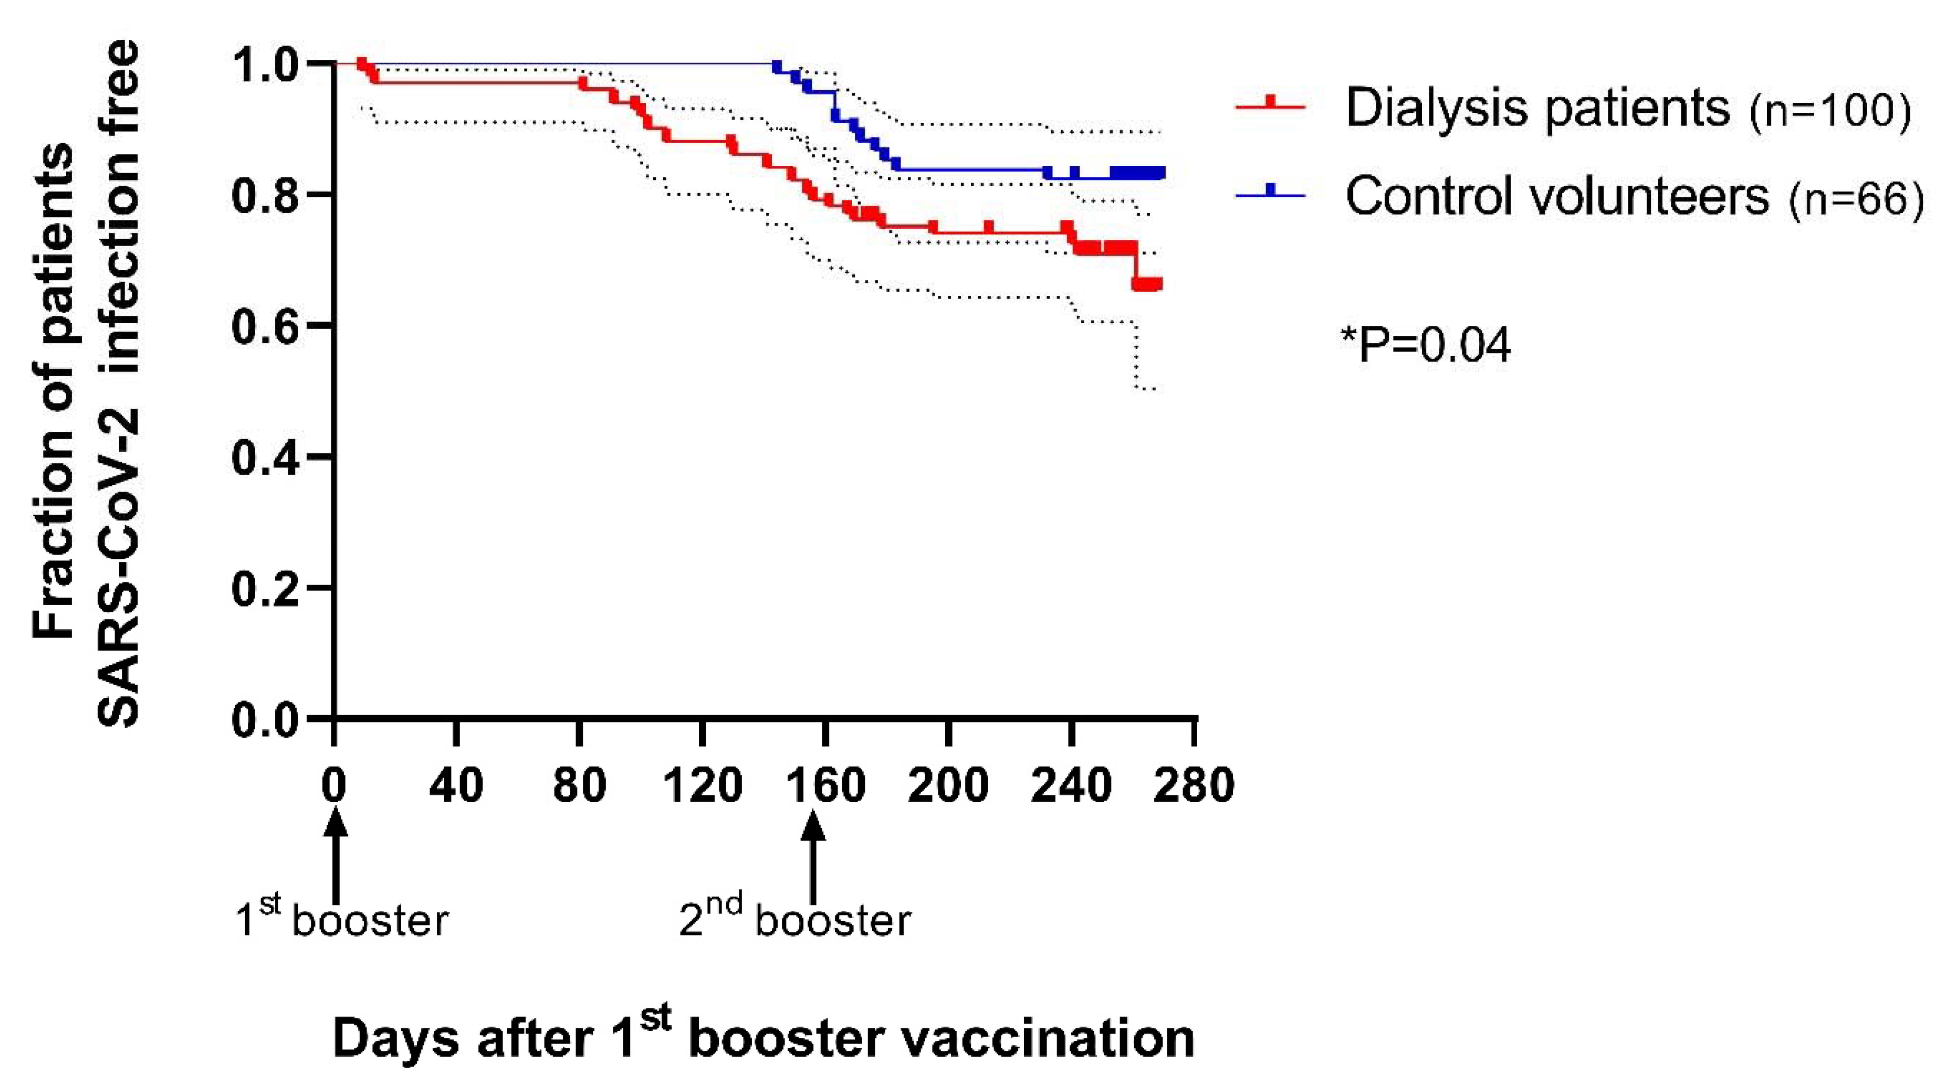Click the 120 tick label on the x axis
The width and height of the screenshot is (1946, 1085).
[702, 785]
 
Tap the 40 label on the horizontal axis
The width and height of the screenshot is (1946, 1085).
[456, 785]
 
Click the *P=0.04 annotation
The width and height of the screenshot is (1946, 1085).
[1426, 345]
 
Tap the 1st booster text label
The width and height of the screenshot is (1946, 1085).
[342, 918]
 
